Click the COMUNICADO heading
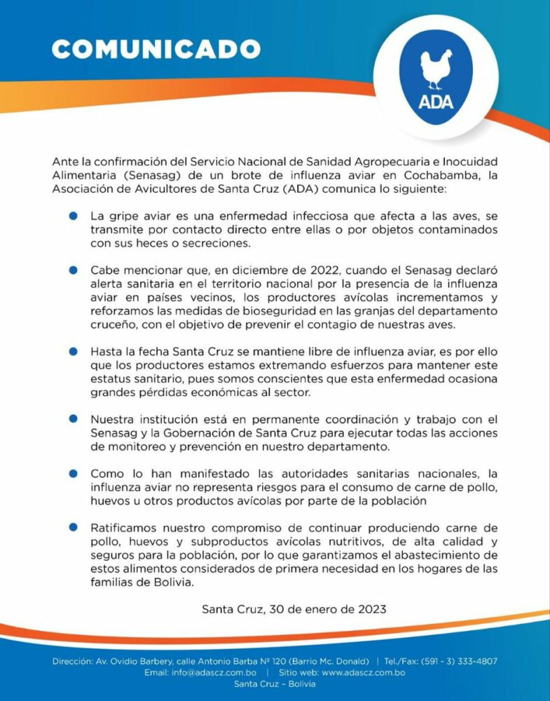156,49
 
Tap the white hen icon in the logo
436,69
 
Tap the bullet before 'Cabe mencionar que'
72,270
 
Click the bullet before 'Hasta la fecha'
72,350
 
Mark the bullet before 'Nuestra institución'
72,418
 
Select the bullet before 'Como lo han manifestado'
72,472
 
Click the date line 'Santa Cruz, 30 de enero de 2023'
294,609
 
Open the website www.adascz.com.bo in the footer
356,672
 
